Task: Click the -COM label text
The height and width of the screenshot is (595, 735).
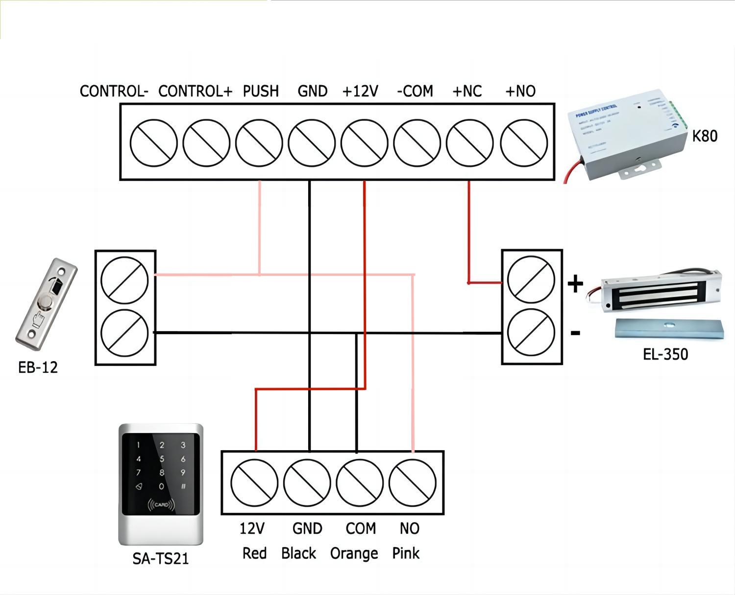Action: [x=415, y=91]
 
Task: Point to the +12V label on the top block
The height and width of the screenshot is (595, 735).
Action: [x=360, y=91]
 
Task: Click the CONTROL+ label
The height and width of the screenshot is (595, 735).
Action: [x=195, y=91]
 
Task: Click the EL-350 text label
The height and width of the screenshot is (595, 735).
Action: [x=665, y=354]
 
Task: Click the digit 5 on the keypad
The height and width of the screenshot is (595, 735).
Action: [x=162, y=459]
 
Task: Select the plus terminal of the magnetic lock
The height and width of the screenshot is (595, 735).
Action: [x=531, y=280]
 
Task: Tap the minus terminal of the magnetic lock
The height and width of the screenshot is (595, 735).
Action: [x=531, y=333]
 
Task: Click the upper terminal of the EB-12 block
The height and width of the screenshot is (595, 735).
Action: [x=124, y=280]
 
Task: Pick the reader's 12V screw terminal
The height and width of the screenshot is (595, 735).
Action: [x=254, y=482]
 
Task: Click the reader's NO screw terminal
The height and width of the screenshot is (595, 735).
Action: [x=412, y=482]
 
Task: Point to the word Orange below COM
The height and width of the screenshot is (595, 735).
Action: [x=354, y=553]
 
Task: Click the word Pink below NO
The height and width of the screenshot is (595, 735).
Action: [x=406, y=553]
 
